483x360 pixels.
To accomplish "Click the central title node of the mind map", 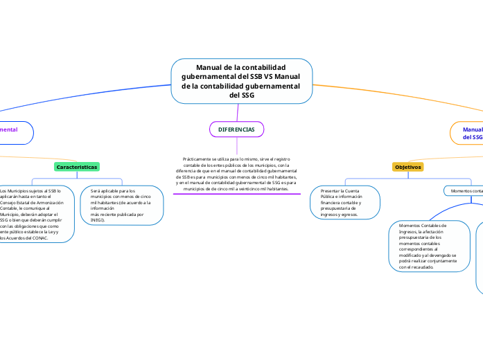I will pyautogui.click(x=240, y=81).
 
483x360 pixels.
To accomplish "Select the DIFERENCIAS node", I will pyautogui.click(x=236, y=129).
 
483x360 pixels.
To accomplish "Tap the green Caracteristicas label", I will pyautogui.click(x=77, y=167).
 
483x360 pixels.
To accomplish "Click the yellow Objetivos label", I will pyautogui.click(x=408, y=167).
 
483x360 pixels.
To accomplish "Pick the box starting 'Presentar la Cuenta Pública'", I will pyautogui.click(x=345, y=202).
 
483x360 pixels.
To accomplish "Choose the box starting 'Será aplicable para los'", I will pyautogui.click(x=122, y=205).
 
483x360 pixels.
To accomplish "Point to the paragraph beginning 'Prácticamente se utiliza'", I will pyautogui.click(x=236, y=174).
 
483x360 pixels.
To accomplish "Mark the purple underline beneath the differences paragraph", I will pyautogui.click(x=236, y=194).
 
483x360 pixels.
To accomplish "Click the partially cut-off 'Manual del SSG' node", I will pyautogui.click(x=471, y=133).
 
